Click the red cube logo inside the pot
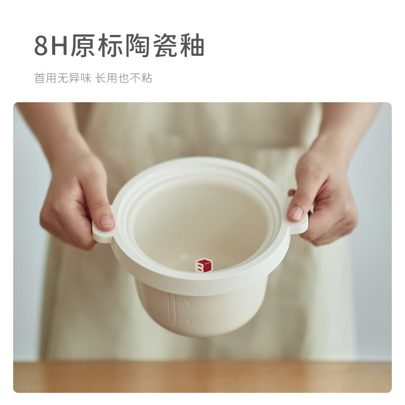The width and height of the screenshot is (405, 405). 204,265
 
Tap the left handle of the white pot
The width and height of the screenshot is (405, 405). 101,234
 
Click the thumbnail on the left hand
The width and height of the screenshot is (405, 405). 106,221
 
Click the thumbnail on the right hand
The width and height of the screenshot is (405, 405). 296,213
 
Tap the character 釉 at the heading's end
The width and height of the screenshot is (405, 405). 192,47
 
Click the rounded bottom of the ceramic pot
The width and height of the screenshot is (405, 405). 202,324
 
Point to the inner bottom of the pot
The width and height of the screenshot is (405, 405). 202,243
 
